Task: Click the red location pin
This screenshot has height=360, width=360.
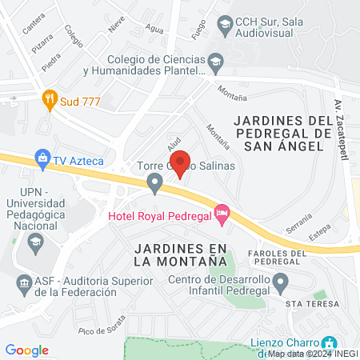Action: [181, 162]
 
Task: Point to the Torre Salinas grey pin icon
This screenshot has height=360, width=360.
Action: [154, 185]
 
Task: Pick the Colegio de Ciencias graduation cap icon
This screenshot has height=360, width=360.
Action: [215, 62]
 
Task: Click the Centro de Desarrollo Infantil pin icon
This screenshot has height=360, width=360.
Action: [280, 281]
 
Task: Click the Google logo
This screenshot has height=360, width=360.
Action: [27, 350]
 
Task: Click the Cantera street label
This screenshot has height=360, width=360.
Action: [34, 26]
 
